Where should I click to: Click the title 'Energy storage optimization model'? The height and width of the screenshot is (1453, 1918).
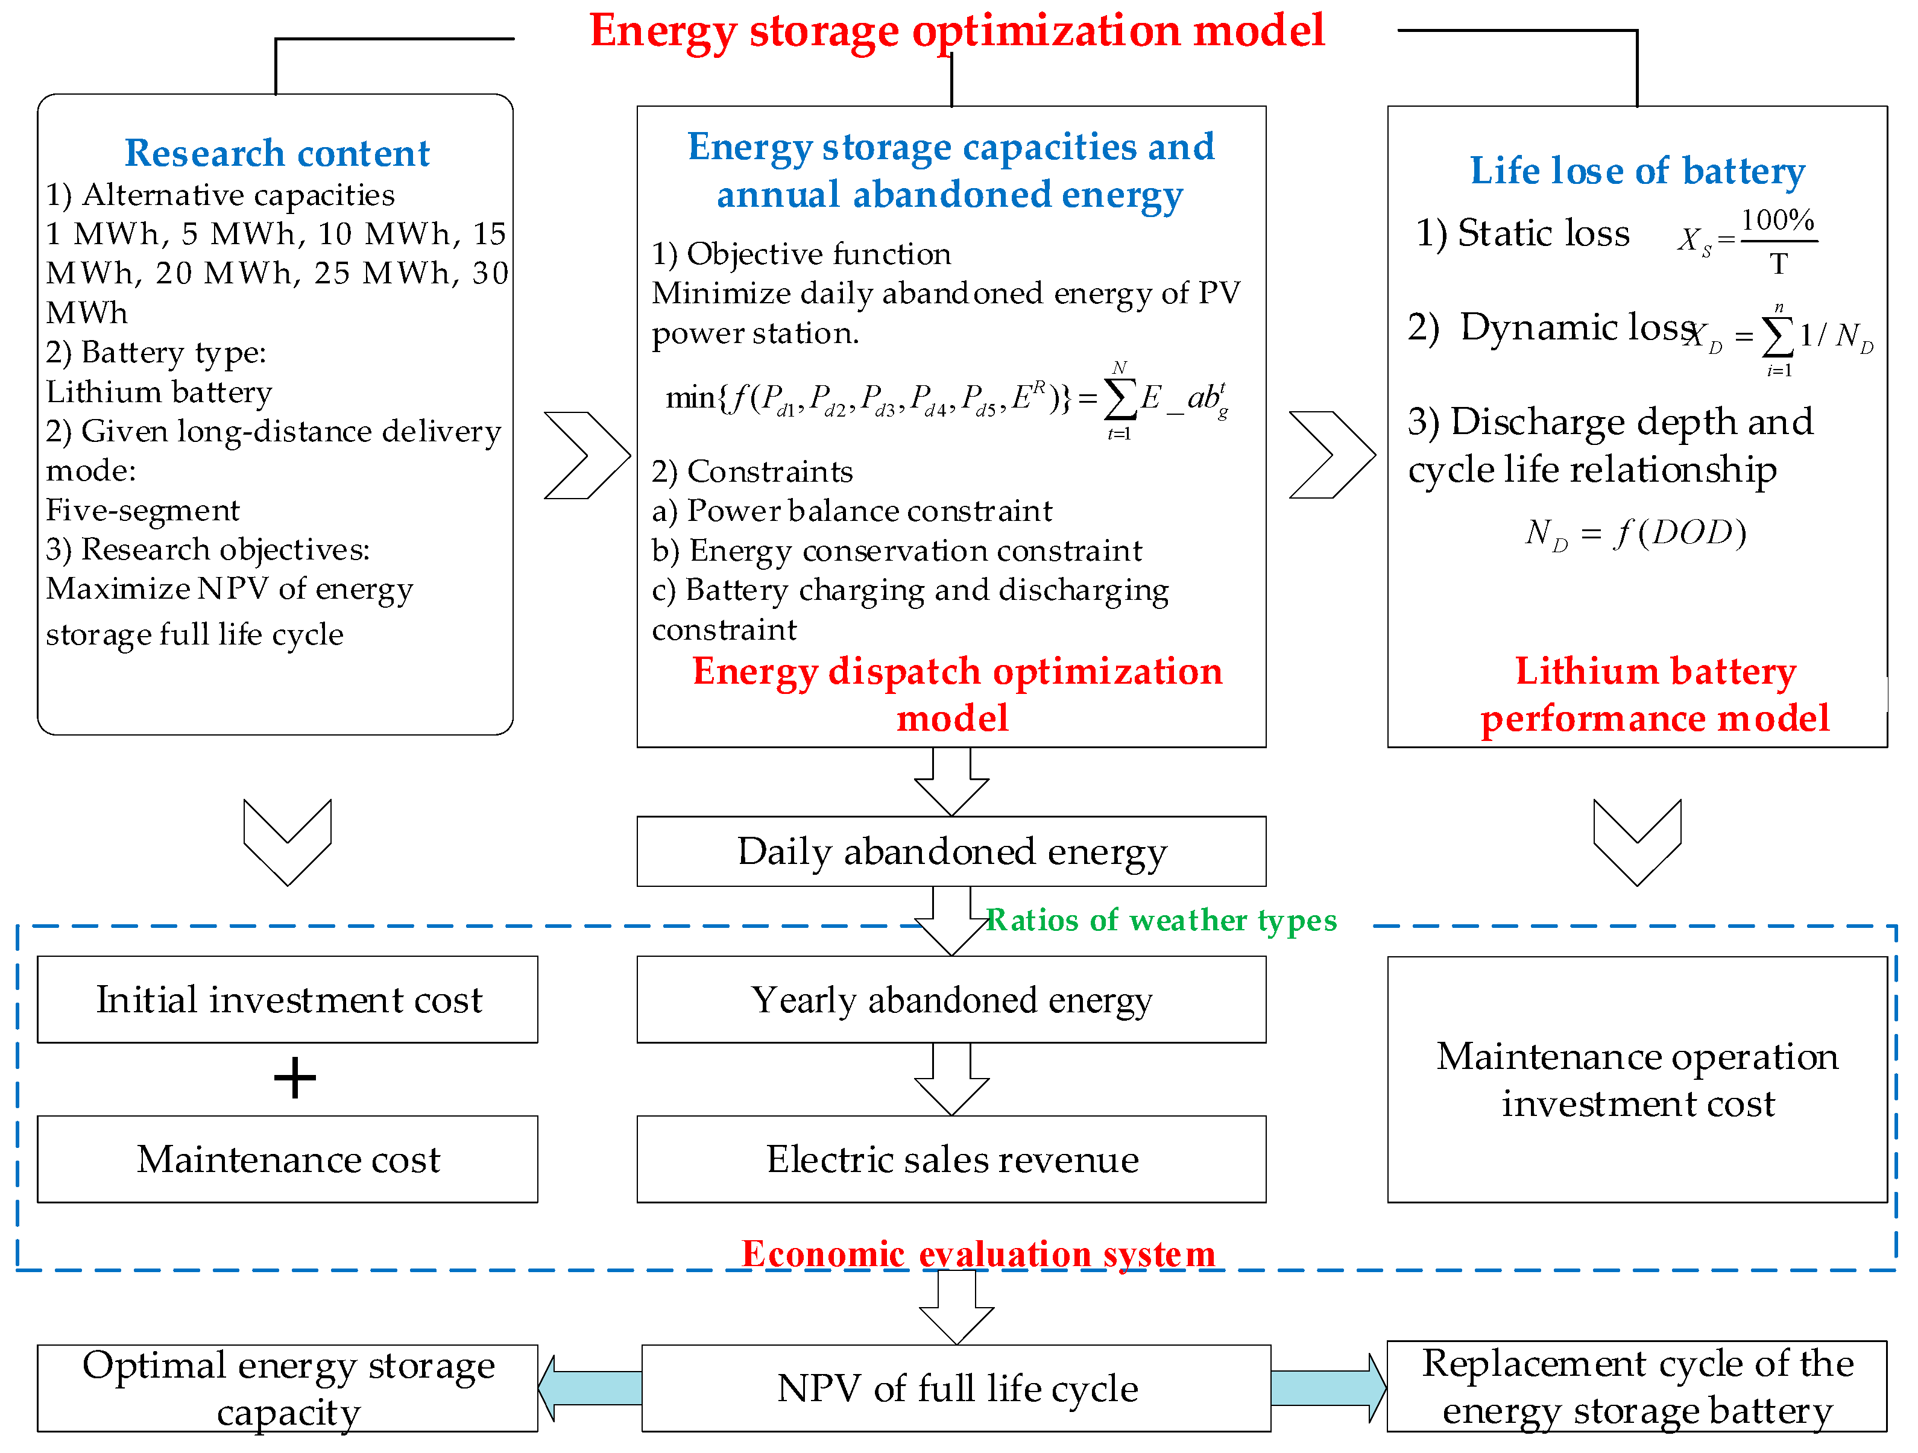(956, 31)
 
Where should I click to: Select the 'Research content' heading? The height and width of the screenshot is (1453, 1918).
(277, 154)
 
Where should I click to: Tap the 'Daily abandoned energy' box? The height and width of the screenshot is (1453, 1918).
(951, 851)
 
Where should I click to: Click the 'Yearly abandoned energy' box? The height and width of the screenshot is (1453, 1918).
(951, 1000)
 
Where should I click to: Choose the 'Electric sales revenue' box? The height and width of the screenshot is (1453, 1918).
(951, 1159)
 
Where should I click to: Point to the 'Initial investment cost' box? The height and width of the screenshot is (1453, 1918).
(288, 1000)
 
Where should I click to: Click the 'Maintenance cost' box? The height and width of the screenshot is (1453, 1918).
(288, 1159)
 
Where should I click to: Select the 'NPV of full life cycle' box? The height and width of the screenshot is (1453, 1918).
(956, 1388)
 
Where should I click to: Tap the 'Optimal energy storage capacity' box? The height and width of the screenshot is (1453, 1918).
(288, 1388)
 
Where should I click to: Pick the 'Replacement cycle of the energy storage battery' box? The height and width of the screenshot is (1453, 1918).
(1637, 1386)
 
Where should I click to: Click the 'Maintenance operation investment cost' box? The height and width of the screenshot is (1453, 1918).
(1637, 1079)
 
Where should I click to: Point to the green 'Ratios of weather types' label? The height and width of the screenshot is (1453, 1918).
(1162, 920)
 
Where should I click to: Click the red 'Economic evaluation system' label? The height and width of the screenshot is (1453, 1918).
(978, 1253)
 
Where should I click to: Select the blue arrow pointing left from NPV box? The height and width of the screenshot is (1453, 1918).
(590, 1388)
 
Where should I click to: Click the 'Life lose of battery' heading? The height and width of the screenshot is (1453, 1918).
(1637, 171)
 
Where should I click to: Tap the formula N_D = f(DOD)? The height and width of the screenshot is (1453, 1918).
(1635, 532)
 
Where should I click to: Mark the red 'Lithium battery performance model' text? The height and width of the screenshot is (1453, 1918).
(1655, 695)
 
